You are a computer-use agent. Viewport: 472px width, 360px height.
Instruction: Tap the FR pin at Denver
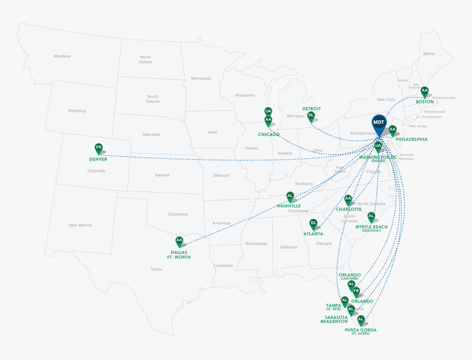coord(99,148)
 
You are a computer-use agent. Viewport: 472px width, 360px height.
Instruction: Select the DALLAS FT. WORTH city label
coord(178,255)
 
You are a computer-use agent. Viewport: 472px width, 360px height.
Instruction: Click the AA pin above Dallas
coord(179,241)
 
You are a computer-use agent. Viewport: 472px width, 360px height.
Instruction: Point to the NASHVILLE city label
coord(289,206)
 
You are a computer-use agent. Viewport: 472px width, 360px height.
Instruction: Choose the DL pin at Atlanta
coord(313,224)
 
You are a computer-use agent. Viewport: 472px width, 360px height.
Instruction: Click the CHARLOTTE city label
coord(349,209)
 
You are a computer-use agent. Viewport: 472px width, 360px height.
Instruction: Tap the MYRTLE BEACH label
coord(372,227)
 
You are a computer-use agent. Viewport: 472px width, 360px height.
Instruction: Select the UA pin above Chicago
coord(268,111)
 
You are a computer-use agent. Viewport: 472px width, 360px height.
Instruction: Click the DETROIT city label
coord(311,109)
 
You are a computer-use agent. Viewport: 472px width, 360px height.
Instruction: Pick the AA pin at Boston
coord(424,91)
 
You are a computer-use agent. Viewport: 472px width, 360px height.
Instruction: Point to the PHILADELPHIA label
coord(411,139)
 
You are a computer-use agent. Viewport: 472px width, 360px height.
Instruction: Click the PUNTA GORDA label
coord(361,330)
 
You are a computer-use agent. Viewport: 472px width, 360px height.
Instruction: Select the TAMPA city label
coord(334,305)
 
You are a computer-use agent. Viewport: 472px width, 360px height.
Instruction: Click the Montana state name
coord(62,56)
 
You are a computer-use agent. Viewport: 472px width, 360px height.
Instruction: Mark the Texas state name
coord(156,269)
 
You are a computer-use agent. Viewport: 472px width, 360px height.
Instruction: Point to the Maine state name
coord(429,54)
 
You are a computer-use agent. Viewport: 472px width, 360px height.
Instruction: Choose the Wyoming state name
coord(77,111)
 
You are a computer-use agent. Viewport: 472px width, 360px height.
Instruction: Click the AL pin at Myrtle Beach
coord(371,217)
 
